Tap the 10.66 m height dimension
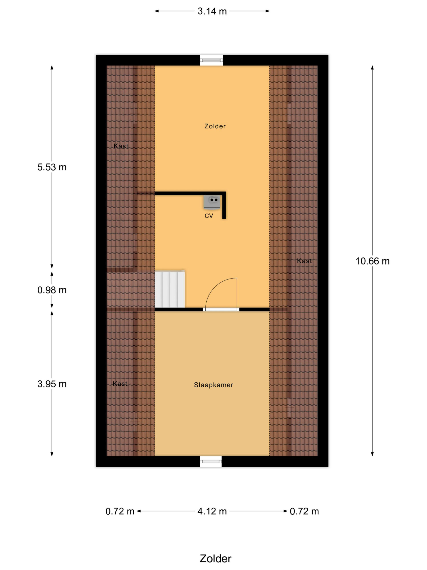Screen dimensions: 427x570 click(373, 261)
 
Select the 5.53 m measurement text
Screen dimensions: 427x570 click(52, 167)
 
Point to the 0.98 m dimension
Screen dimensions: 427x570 click(52, 290)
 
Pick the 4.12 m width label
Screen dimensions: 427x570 click(212, 511)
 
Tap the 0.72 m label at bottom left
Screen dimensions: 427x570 click(120, 511)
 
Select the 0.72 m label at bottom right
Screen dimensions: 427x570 click(304, 511)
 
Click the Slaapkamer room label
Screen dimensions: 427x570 click(214, 385)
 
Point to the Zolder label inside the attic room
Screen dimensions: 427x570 click(215, 126)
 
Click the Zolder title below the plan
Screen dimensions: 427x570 click(216, 559)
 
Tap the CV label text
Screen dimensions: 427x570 click(209, 216)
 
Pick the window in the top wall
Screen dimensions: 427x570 click(211, 60)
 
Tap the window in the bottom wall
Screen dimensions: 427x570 click(211, 462)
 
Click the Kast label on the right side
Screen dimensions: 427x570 click(304, 261)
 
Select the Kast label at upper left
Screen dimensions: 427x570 click(121, 146)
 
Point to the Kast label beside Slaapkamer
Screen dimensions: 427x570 click(120, 384)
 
